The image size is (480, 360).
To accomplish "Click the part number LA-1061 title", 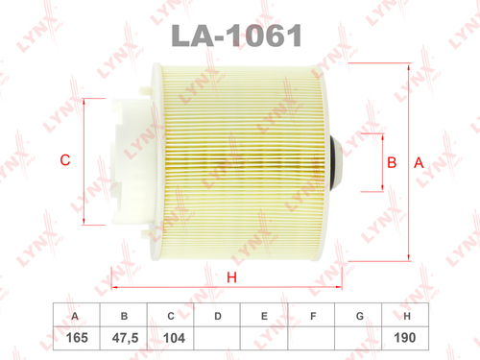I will tap(238, 36).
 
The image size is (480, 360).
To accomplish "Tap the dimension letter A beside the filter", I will tap(418, 163).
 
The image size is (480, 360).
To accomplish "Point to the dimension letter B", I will tap(391, 163).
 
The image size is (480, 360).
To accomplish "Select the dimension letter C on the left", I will tap(65, 160).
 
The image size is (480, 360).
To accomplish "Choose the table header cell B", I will tap(123, 315).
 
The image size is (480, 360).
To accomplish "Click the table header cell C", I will tap(170, 315).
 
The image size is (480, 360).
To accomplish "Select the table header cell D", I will tap(218, 315).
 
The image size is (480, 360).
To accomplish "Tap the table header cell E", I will tap(265, 315).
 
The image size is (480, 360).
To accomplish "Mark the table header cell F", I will tap(313, 315).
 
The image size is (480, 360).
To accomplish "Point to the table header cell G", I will tap(360, 315).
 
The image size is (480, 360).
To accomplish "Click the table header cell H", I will tap(408, 315).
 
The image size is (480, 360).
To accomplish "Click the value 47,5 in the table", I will tap(123, 339).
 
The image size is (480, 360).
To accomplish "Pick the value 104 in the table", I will tap(170, 339).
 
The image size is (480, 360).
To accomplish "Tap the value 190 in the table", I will tap(408, 339).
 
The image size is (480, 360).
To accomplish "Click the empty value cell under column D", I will tap(218, 339).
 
